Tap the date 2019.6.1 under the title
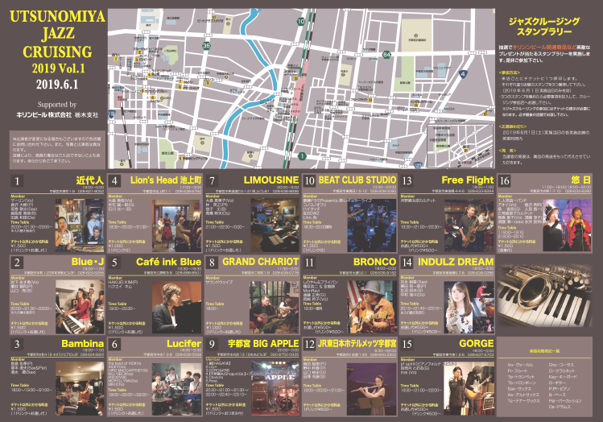[52, 83]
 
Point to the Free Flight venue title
[468, 180]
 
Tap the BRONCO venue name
[375, 262]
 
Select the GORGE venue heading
[474, 343]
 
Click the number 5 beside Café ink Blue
[115, 262]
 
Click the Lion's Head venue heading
[165, 180]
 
